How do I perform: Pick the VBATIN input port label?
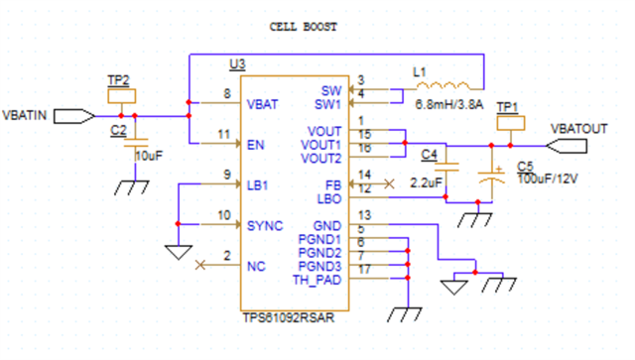pyautogui.click(x=27, y=116)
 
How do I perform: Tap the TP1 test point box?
pyautogui.click(x=507, y=124)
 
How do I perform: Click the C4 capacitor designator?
pyautogui.click(x=429, y=154)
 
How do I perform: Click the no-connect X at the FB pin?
pyautogui.click(x=390, y=183)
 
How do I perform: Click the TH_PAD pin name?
pyautogui.click(x=317, y=280)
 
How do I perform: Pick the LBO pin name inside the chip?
pyautogui.click(x=328, y=198)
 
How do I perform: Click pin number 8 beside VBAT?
pyautogui.click(x=227, y=95)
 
